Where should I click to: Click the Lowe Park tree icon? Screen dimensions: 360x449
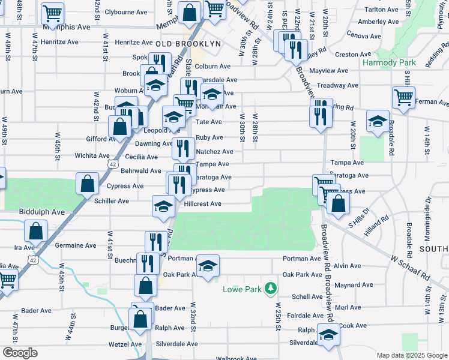(271, 289)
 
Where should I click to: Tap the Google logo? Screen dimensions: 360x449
(20, 353)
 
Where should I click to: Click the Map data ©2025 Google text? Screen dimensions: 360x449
(412, 355)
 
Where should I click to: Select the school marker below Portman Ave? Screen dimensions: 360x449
(208, 267)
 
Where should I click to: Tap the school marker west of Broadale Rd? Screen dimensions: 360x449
(378, 122)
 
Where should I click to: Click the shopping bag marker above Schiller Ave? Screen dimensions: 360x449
(88, 184)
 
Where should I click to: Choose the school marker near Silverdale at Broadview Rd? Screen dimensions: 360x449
(328, 335)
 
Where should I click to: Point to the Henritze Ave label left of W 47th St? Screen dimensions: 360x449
(60, 43)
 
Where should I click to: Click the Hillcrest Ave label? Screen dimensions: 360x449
(203, 204)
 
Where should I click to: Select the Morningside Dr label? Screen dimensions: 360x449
(428, 212)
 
